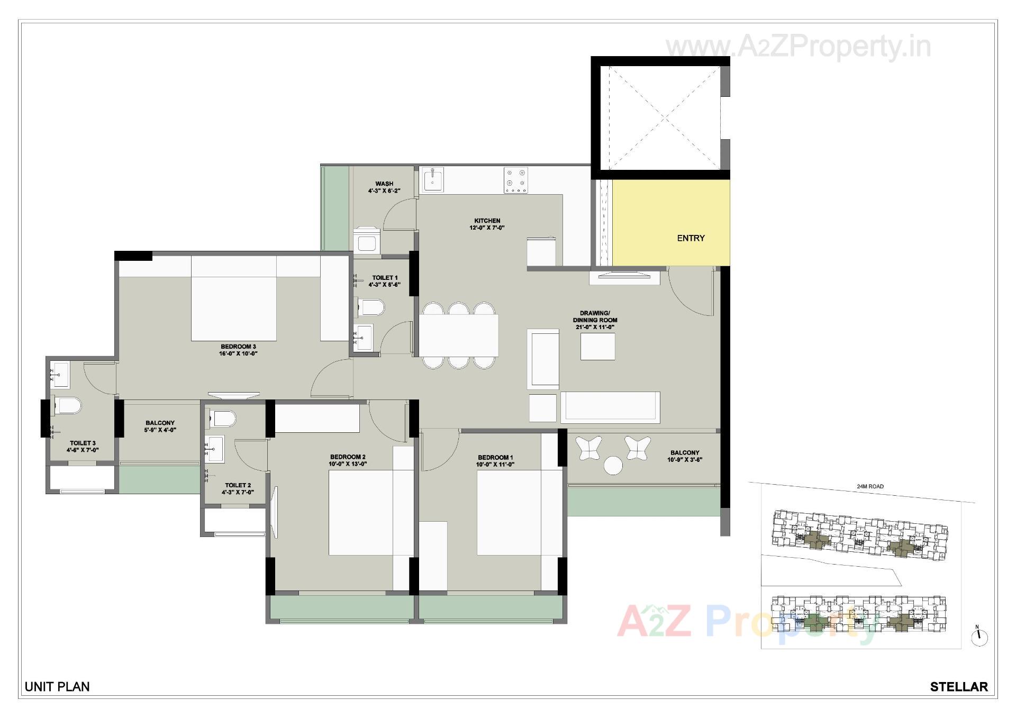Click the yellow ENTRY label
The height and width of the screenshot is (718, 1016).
(x=691, y=238)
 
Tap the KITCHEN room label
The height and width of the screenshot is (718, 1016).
(x=487, y=221)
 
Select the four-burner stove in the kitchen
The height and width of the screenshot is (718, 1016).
(x=515, y=180)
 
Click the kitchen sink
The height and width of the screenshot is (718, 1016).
(x=433, y=180)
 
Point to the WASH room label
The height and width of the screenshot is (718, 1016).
(x=384, y=184)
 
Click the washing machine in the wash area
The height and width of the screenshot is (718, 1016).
(x=367, y=241)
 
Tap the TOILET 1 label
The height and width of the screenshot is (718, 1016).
(x=385, y=277)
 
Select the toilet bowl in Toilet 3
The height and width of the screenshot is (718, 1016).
(x=68, y=406)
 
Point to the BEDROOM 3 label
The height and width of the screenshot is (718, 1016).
(x=238, y=347)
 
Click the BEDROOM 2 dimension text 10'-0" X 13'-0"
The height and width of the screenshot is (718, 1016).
(x=348, y=464)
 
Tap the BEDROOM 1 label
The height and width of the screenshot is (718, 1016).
(x=495, y=457)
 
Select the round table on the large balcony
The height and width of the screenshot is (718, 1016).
(x=613, y=466)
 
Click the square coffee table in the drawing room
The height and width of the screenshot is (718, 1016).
(x=597, y=347)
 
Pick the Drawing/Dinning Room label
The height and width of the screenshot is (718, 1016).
(x=595, y=316)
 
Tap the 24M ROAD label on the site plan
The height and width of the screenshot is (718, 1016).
(x=870, y=486)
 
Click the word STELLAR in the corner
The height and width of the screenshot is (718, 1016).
(x=959, y=687)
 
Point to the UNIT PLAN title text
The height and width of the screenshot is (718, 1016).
(x=57, y=687)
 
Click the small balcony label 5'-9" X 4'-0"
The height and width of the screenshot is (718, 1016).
(x=160, y=430)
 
